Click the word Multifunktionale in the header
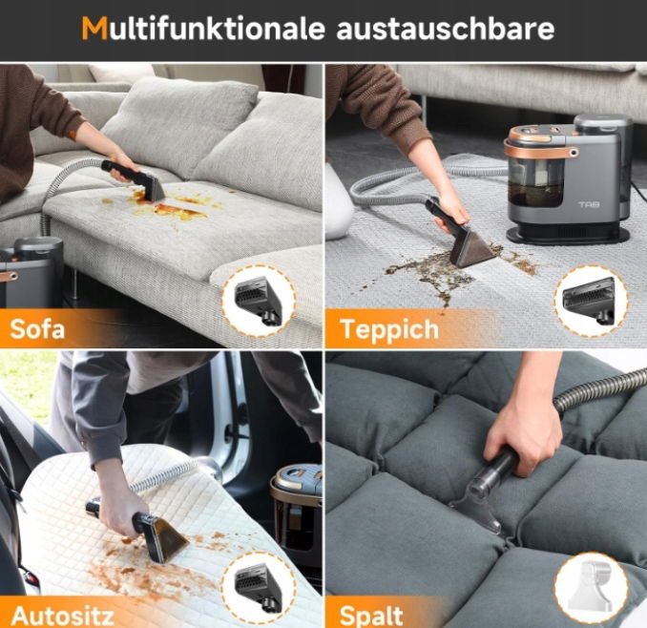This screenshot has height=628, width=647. tap(203, 28)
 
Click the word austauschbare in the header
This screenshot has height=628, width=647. tap(446, 28)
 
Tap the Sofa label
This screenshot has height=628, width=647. tap(37, 329)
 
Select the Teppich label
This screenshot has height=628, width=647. tap(390, 330)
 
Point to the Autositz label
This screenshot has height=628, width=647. tap(63, 616)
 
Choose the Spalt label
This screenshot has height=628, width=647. tap(371, 617)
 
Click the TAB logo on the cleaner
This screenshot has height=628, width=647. tap(589, 204)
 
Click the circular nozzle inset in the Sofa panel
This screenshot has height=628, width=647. tap(259, 301)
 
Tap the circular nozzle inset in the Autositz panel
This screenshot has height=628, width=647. tap(259, 587)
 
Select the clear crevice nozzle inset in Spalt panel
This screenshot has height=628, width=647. tap(592, 588)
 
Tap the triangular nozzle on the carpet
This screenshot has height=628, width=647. tap(471, 247)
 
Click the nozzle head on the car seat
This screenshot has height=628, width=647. tap(161, 538)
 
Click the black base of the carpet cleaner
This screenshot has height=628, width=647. tap(569, 234)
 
